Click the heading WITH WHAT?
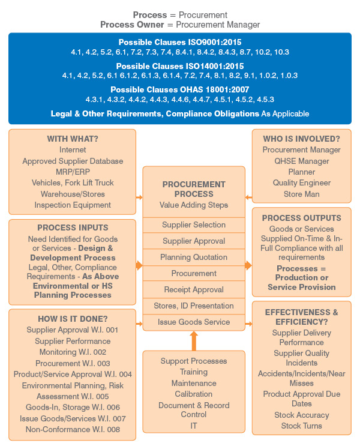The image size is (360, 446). [73, 139]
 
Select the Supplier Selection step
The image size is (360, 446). [194, 225]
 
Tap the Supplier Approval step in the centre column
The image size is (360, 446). [194, 241]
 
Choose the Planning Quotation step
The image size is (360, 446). [194, 257]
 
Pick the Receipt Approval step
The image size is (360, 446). [194, 289]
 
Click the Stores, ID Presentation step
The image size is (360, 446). [194, 306]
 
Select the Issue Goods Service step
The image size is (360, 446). [194, 322]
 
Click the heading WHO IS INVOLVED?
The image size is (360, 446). [301, 139]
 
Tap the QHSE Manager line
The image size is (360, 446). [301, 161]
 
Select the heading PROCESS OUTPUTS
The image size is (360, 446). [301, 217]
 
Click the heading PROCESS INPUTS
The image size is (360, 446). [73, 228]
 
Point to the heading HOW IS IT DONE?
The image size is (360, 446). [73, 319]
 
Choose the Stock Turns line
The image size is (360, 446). [301, 426]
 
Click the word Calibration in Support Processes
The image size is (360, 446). [194, 394]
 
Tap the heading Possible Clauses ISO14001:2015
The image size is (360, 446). [180, 66]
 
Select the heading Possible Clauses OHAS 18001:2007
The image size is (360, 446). [180, 89]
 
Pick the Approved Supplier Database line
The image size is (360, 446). [73, 161]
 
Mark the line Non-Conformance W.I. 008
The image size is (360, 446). [73, 429]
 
